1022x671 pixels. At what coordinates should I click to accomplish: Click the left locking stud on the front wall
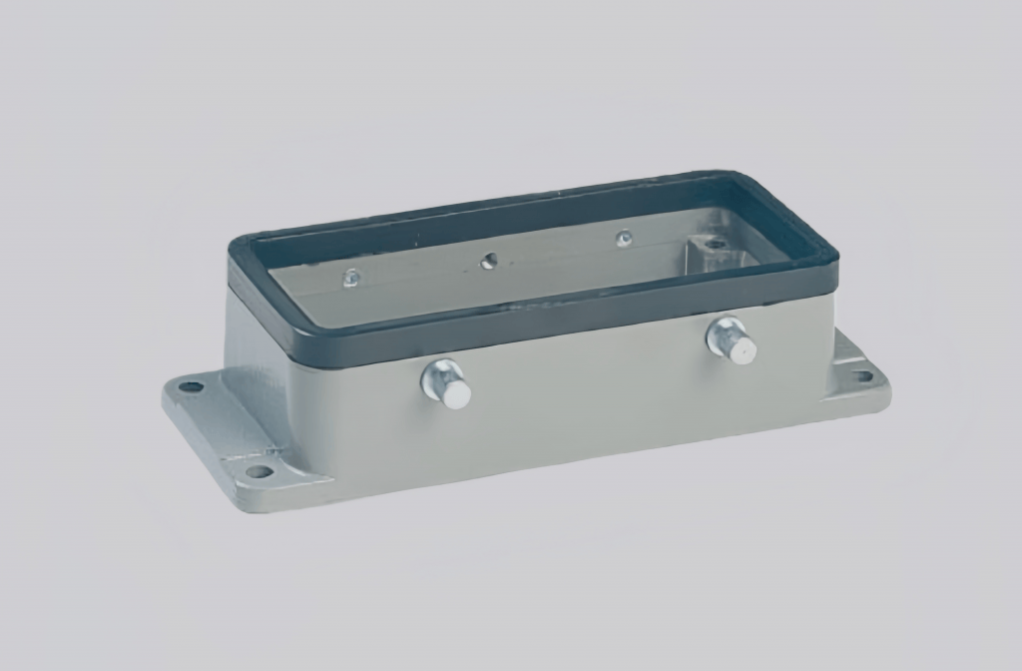click(446, 384)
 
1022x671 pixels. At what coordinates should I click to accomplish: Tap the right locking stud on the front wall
click(732, 341)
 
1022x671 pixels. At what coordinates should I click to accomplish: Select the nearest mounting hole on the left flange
click(257, 471)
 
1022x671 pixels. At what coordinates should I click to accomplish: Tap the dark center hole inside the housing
click(488, 261)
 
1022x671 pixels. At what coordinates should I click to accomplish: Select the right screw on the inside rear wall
click(624, 239)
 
